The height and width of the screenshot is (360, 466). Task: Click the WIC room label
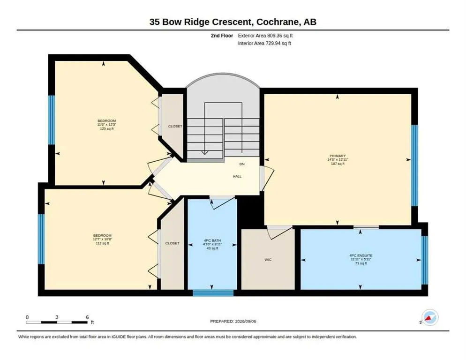pyautogui.click(x=268, y=260)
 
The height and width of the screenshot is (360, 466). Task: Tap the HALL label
pyautogui.click(x=237, y=176)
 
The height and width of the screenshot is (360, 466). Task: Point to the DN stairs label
pyautogui.click(x=242, y=164)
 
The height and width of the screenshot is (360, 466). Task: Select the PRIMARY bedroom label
pyautogui.click(x=338, y=156)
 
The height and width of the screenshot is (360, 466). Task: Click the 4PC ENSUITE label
pyautogui.click(x=361, y=255)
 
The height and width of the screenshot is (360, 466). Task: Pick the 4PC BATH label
pyautogui.click(x=212, y=240)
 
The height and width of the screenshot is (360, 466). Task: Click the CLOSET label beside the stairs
pyautogui.click(x=175, y=127)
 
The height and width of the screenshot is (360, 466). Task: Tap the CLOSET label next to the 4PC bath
pyautogui.click(x=173, y=243)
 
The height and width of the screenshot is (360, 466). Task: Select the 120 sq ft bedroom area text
pyautogui.click(x=107, y=129)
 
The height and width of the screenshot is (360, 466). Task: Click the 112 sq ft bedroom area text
pyautogui.click(x=102, y=243)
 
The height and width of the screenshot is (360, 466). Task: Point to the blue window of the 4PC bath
pyautogui.click(x=213, y=293)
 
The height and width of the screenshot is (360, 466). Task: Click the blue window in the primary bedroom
pyautogui.click(x=414, y=165)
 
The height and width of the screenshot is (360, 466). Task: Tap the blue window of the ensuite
pyautogui.click(x=425, y=260)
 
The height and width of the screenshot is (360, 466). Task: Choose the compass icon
pyautogui.click(x=430, y=317)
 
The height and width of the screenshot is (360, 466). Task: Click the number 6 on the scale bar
pyautogui.click(x=87, y=317)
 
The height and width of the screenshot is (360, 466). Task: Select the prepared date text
pyautogui.click(x=233, y=322)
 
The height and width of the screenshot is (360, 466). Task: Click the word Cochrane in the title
pyautogui.click(x=278, y=22)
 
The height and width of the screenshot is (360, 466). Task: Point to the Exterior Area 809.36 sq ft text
pyautogui.click(x=265, y=36)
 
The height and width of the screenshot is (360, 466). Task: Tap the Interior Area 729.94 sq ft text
pyautogui.click(x=264, y=44)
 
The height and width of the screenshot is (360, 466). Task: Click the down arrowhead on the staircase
pyautogui.click(x=204, y=152)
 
